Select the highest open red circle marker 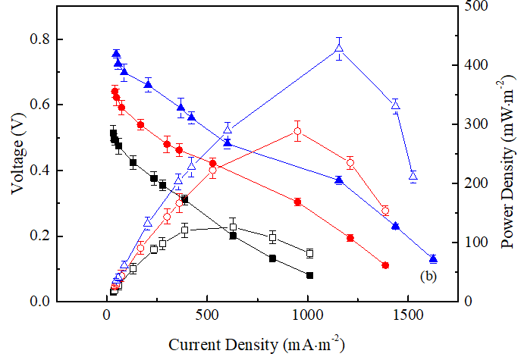(x=297, y=132)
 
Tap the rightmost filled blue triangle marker (x=433, y=259)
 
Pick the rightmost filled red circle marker (x=385, y=265)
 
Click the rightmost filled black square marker (x=309, y=275)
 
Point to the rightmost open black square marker (x=309, y=253)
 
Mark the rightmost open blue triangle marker (x=413, y=176)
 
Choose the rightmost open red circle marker (x=385, y=211)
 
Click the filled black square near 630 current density (x=234, y=236)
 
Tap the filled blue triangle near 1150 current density (x=339, y=180)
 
